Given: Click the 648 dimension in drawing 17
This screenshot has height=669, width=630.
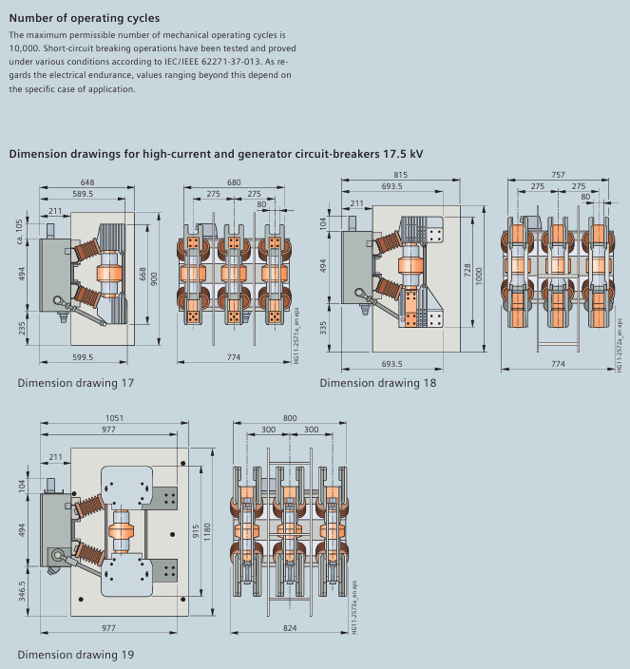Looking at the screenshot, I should pos(86,182).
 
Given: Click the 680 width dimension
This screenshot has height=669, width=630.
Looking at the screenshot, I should pos(234,182).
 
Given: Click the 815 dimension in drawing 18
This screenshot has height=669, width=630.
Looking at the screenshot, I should pos(400,175).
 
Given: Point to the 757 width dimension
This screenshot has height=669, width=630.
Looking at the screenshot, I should pos(557,175).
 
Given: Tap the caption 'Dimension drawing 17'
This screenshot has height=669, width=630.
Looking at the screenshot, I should pos(76,383).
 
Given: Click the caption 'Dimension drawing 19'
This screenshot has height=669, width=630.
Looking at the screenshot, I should pos(76,655).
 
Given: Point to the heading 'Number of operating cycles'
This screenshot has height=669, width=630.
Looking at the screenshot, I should pos(85,18).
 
